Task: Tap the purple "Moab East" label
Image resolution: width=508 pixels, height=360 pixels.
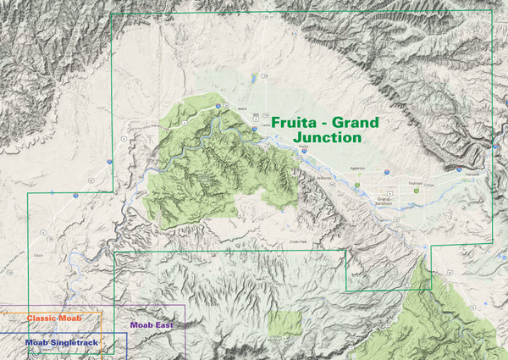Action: [154, 324]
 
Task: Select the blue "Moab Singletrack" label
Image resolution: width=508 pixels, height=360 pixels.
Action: [61, 342]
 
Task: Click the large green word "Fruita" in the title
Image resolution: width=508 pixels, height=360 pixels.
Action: [294, 122]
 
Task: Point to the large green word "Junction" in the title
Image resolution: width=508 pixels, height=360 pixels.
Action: [326, 137]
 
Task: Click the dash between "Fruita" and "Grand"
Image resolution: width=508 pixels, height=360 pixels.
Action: [325, 123]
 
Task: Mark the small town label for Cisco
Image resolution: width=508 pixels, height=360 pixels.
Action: [37, 230]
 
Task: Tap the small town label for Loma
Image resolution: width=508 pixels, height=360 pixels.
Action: [267, 125]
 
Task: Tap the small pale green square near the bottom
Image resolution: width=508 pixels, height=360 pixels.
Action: [285, 323]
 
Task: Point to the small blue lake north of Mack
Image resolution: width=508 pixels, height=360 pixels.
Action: [253, 79]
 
